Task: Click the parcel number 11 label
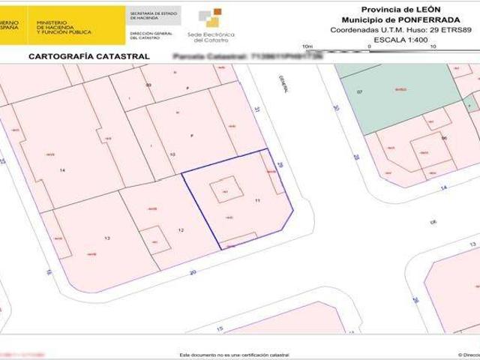click(257, 201)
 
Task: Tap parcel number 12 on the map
click(181, 229)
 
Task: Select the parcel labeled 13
click(107, 238)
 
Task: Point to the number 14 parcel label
click(62, 171)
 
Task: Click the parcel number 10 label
click(172, 154)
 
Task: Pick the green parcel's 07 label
click(359, 91)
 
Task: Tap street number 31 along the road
click(256, 109)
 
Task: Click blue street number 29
click(280, 164)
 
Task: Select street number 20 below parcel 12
click(193, 273)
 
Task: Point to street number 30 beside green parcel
click(336, 108)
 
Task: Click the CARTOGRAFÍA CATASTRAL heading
click(88, 56)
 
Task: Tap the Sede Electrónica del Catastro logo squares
click(214, 18)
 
